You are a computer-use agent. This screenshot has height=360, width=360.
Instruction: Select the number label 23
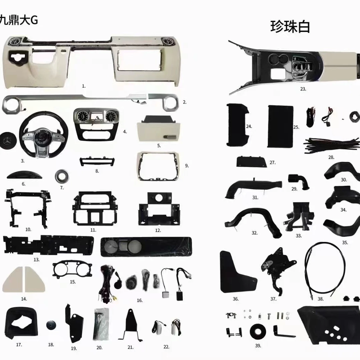303,89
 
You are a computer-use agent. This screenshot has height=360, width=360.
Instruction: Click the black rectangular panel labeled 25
280,127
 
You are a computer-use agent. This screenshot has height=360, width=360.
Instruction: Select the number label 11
93,230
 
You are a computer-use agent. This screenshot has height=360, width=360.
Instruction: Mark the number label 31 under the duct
255,197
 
